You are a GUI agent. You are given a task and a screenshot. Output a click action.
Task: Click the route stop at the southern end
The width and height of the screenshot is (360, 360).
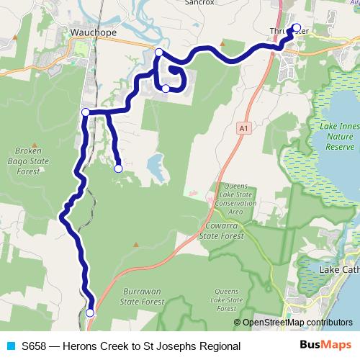click(x=90, y=313)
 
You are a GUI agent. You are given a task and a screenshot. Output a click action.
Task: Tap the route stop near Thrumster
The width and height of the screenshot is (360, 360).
click(x=297, y=27)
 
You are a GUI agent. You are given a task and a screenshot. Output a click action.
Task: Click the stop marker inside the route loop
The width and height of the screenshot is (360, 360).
click(x=166, y=89)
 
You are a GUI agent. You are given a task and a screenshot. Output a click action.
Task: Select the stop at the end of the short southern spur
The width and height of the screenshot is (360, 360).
click(x=118, y=168)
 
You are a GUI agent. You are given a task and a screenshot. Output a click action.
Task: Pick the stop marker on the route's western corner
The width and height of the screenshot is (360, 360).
click(x=85, y=112)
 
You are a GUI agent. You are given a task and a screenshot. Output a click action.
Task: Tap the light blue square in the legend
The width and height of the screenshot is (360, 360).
click(x=10, y=346)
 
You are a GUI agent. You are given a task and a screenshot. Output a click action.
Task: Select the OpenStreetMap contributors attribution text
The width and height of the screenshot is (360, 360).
click(x=297, y=323)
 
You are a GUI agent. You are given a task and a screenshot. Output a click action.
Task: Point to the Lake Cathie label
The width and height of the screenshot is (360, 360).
click(x=338, y=270)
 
